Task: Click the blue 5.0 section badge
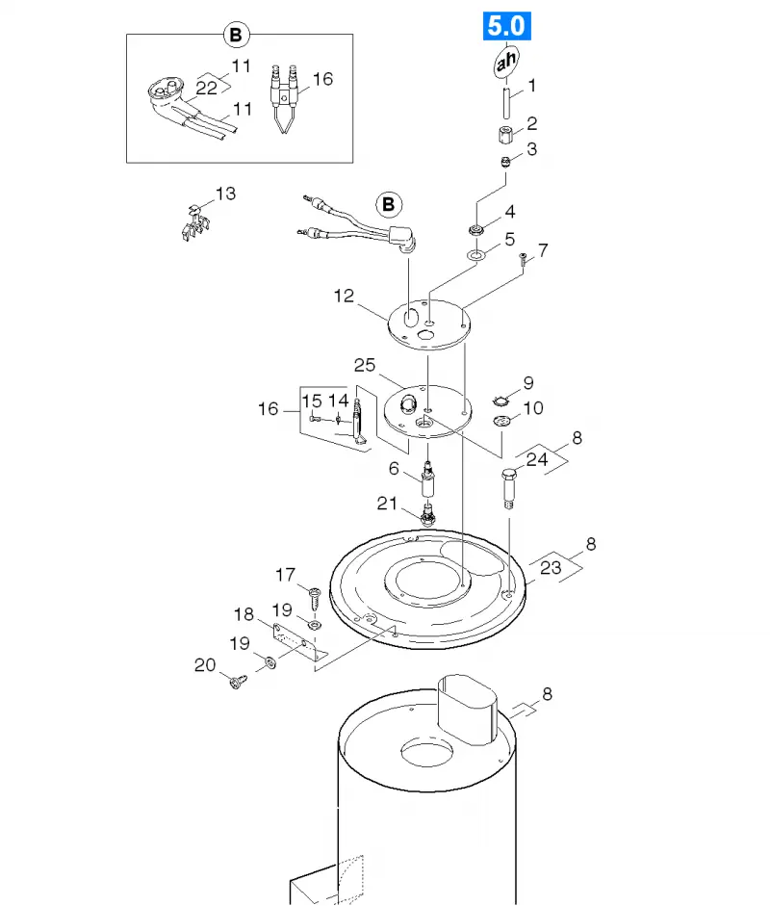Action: [x=506, y=26]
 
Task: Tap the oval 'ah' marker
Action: [x=506, y=62]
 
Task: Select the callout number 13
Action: [x=225, y=193]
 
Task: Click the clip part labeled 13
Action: [x=194, y=223]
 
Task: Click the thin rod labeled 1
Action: [x=506, y=103]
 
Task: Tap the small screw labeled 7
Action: [x=524, y=260]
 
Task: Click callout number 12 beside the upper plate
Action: [x=344, y=296]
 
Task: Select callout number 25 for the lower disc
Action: [x=365, y=365]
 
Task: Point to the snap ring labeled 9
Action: [x=500, y=401]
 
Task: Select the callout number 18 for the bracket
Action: [x=244, y=614]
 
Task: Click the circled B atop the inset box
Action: [x=236, y=35]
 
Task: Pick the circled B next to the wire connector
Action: [x=388, y=204]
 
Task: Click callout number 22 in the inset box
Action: [x=206, y=89]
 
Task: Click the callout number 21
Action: [x=387, y=504]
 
